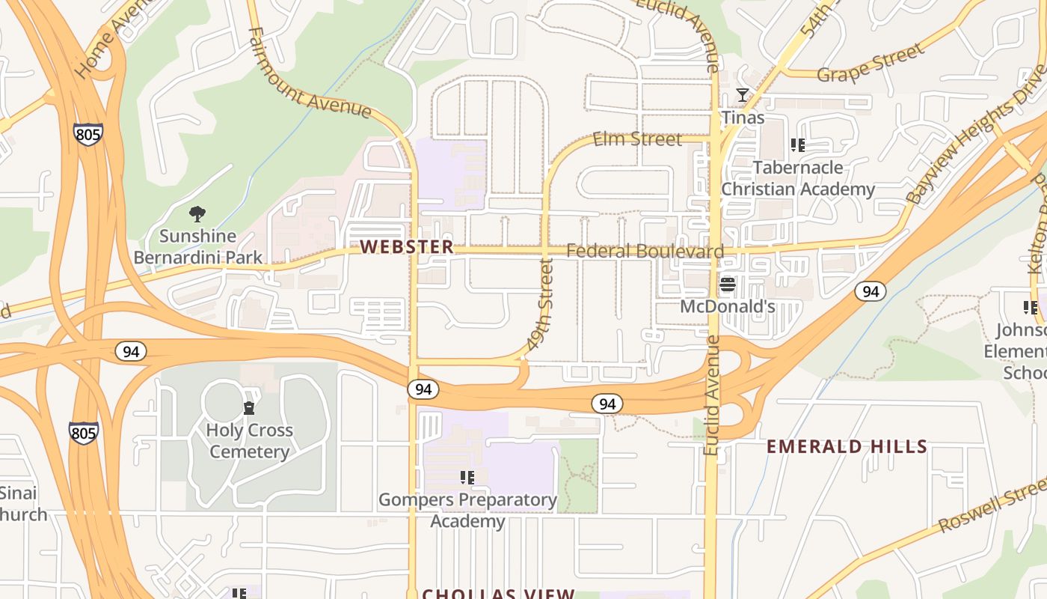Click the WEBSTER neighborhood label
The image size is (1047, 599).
pos(407,247)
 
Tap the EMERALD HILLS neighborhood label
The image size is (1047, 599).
pos(847,447)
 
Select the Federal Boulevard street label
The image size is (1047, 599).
pos(645,251)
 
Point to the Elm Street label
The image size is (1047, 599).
pos(637,139)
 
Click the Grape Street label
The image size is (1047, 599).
pos(870,64)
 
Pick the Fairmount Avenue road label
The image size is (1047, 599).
pos(309,74)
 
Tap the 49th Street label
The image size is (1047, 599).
pos(540,305)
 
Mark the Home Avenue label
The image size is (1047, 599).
pos(105,45)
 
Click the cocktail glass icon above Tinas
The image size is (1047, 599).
pos(743,95)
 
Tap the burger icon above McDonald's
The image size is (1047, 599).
pos(728,285)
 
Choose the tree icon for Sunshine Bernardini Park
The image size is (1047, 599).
pos(197,215)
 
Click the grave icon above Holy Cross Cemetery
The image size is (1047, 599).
pos(249,408)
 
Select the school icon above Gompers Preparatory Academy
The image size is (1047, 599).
pos(467,478)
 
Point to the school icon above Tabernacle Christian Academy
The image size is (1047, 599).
pos(797,145)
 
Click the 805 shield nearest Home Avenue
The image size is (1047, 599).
pos(88,135)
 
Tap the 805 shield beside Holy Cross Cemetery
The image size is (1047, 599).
pos(83,433)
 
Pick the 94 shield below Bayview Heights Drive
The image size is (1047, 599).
pos(871,291)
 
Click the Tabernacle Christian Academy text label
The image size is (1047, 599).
pos(797,178)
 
